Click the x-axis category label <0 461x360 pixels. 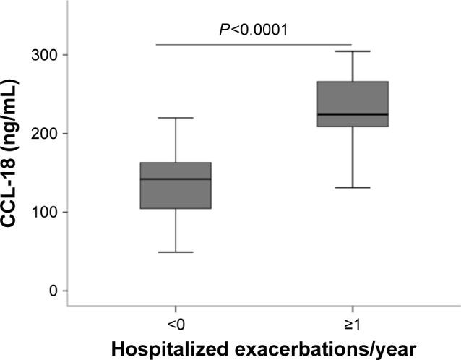[x=176, y=320]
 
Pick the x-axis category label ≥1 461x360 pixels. [x=351, y=320]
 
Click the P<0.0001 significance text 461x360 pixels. [x=254, y=30]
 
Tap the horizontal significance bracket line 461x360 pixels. [x=254, y=44]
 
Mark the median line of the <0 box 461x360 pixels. [x=176, y=179]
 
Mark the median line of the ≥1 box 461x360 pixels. [x=352, y=114]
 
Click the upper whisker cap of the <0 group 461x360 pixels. [x=176, y=118]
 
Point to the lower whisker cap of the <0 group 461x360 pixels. [x=176, y=252]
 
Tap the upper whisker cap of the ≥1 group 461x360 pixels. [x=352, y=51]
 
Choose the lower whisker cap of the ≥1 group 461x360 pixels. [x=352, y=187]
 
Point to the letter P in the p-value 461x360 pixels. [x=223, y=30]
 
